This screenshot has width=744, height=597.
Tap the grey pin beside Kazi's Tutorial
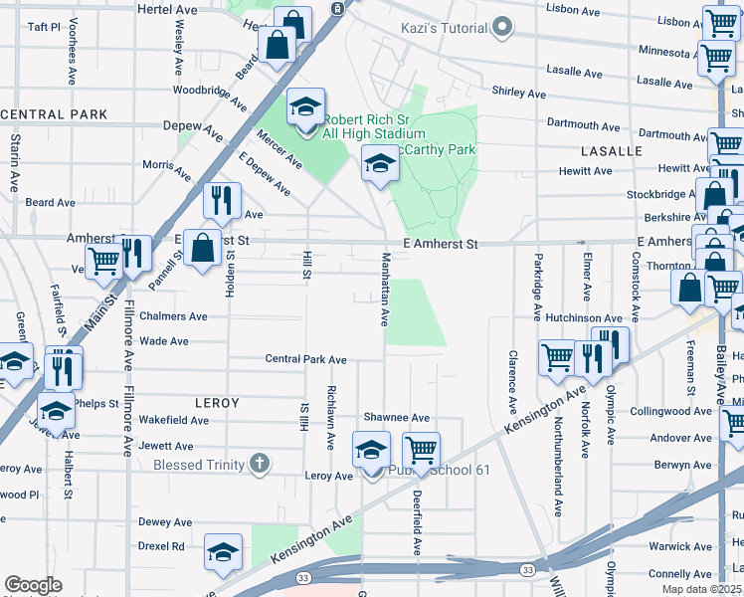coord(502,27)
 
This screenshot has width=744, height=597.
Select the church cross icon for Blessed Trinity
coord(260,464)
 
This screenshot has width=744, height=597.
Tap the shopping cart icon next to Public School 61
coord(421,451)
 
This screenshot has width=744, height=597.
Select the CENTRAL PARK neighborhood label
coord(54,114)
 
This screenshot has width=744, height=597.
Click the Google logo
coord(33,586)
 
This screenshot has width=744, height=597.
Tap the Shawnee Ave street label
coord(395,418)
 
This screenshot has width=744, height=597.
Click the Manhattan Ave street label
coord(384,289)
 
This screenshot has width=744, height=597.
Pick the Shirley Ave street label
coord(519,93)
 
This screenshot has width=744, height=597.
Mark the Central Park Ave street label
coord(305,359)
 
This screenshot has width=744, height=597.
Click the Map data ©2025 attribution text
coord(702,589)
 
